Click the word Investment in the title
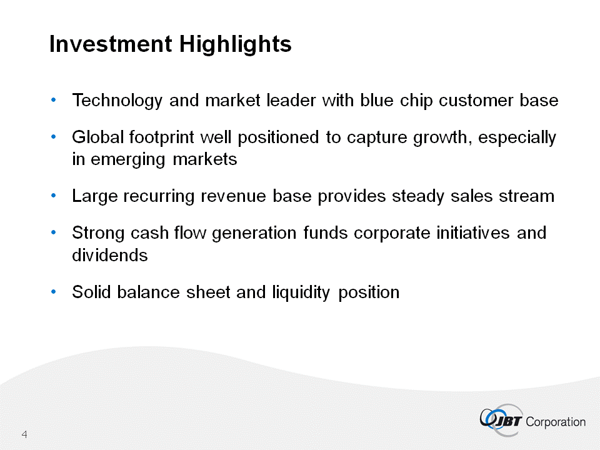click(x=111, y=44)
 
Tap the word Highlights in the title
click(x=236, y=44)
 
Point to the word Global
click(x=97, y=137)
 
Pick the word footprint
click(x=161, y=137)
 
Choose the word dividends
click(x=110, y=255)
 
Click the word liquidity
click(x=301, y=292)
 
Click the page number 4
click(x=24, y=434)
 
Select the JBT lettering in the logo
click(x=508, y=421)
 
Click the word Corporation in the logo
click(x=556, y=422)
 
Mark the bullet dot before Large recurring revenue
click(x=53, y=196)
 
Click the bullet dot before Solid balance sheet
click(x=53, y=292)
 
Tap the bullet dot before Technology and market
click(x=53, y=100)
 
